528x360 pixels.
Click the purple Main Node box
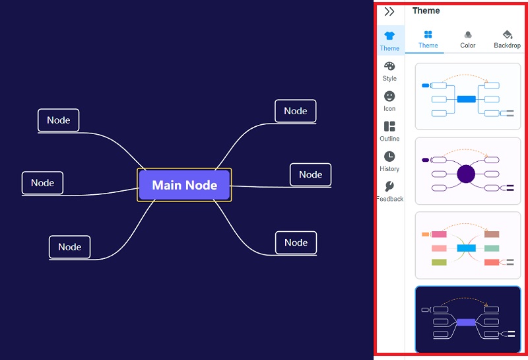click(x=184, y=185)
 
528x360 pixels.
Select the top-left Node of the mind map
click(x=59, y=120)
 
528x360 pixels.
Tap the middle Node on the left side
click(x=42, y=183)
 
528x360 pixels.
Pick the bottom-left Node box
click(x=69, y=247)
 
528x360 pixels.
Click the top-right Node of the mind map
click(x=296, y=111)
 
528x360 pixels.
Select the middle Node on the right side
click(x=310, y=174)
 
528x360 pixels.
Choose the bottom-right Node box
click(x=296, y=242)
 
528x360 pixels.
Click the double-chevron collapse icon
click(x=389, y=11)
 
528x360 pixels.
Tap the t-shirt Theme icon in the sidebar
click(x=389, y=36)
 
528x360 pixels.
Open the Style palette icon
click(x=389, y=66)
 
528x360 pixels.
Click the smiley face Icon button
click(x=389, y=96)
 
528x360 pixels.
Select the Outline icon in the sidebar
click(x=389, y=126)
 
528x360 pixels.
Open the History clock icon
click(x=389, y=157)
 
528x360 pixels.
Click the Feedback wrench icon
click(x=389, y=186)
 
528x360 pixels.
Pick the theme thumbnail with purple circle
click(x=467, y=171)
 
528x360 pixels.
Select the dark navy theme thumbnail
click(x=467, y=320)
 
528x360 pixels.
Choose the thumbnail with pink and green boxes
click(x=467, y=246)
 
